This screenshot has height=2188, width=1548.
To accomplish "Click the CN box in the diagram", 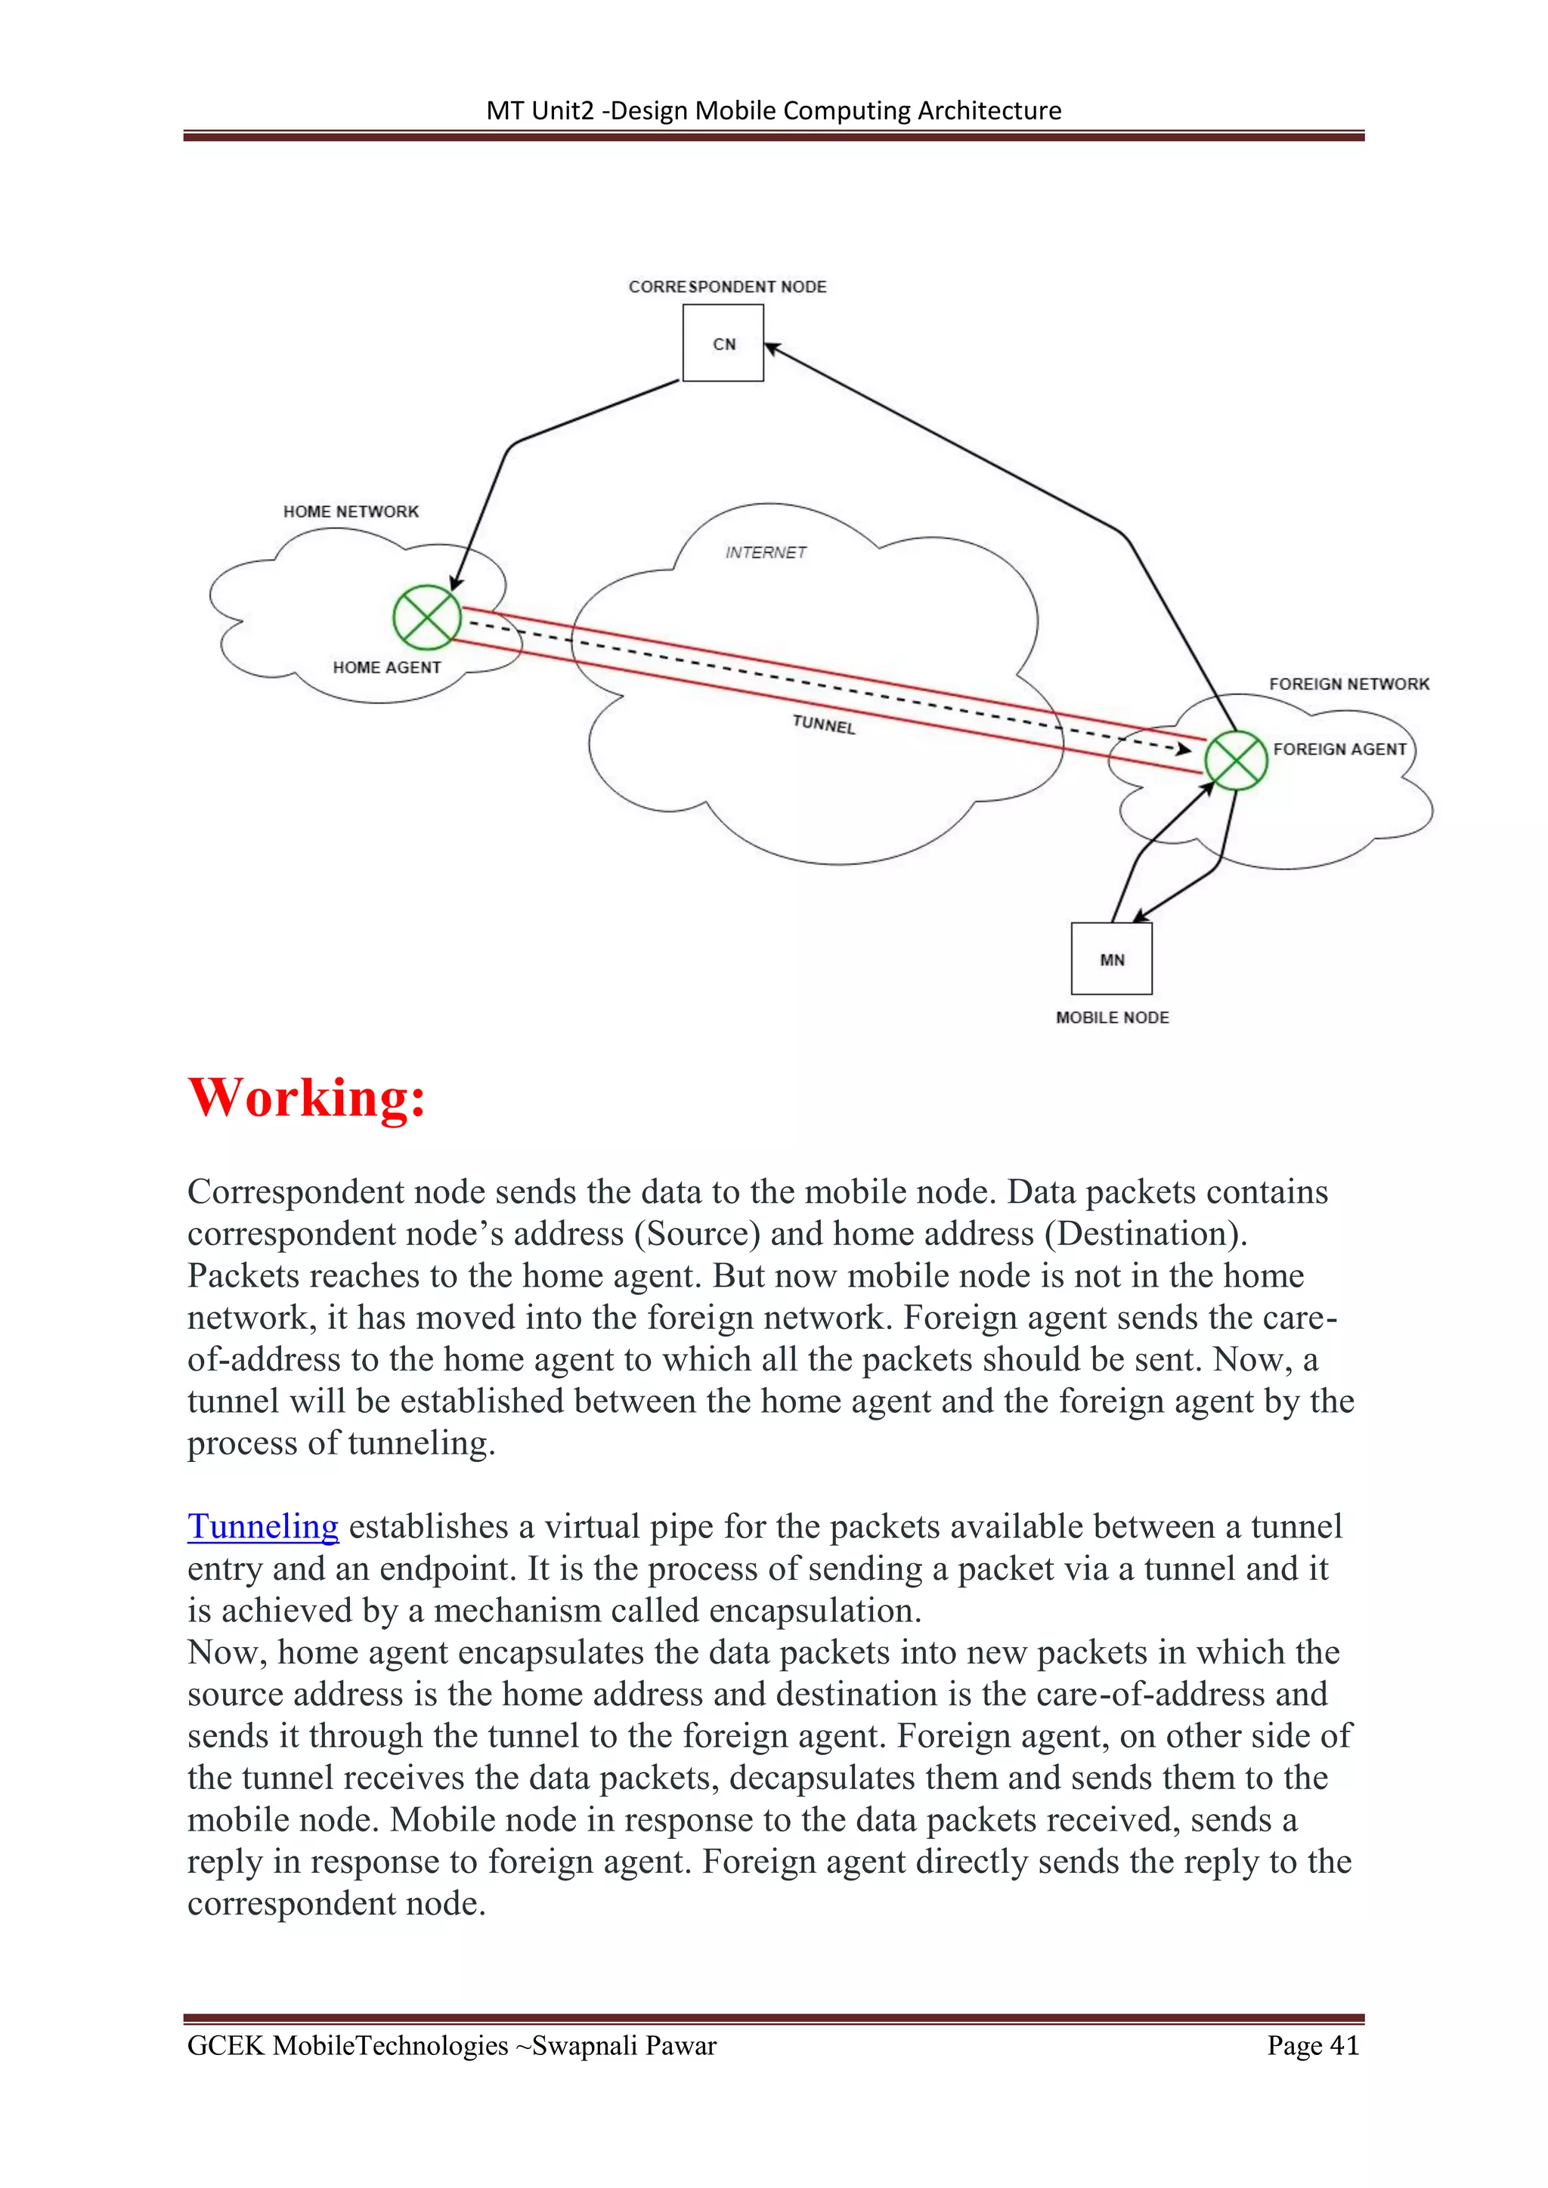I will click(x=723, y=343).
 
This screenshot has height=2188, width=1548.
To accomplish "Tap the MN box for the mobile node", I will click(x=1111, y=959).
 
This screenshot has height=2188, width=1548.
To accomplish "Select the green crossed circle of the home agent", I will click(x=427, y=617).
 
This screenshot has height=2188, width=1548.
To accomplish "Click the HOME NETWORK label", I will click(x=351, y=511).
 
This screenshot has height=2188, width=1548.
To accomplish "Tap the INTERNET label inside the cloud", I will click(x=766, y=553).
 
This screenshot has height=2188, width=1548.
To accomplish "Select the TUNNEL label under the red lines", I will click(x=824, y=725).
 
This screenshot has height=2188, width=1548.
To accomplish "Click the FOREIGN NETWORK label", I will click(x=1348, y=685).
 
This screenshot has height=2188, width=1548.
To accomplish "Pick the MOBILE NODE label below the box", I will click(x=1113, y=1018).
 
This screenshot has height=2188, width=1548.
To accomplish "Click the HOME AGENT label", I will click(x=386, y=668).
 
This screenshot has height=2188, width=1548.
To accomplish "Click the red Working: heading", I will click(x=306, y=1098).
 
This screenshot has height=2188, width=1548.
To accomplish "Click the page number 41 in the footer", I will click(x=1344, y=2045).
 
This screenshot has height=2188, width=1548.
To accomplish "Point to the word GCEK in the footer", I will click(x=225, y=2045).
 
